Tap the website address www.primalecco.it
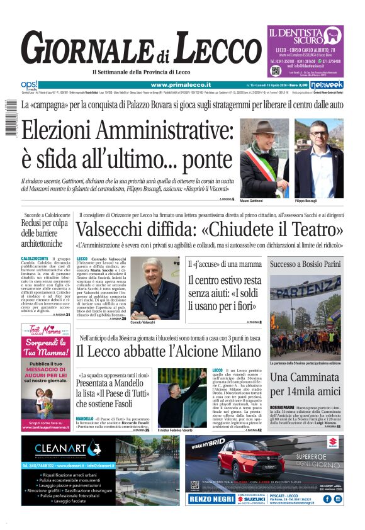point(181,84)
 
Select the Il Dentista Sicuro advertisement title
point(304,34)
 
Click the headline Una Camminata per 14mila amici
point(306,385)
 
